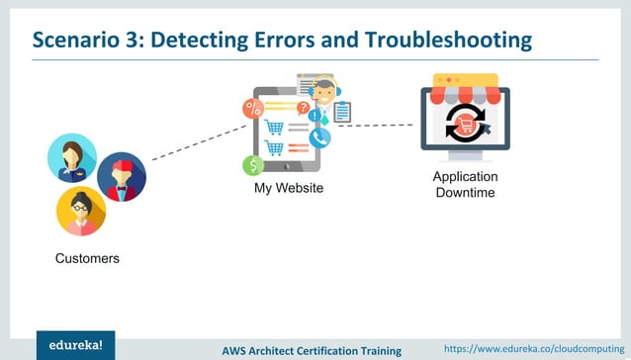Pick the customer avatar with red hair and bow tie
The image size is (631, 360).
(121, 177)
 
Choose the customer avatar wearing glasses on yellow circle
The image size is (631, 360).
(80, 211)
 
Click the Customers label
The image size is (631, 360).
(87, 259)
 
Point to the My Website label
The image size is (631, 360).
(289, 188)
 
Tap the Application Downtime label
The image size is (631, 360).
(465, 184)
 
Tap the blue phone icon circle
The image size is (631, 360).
(318, 137)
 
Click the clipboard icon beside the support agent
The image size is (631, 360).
(342, 113)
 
